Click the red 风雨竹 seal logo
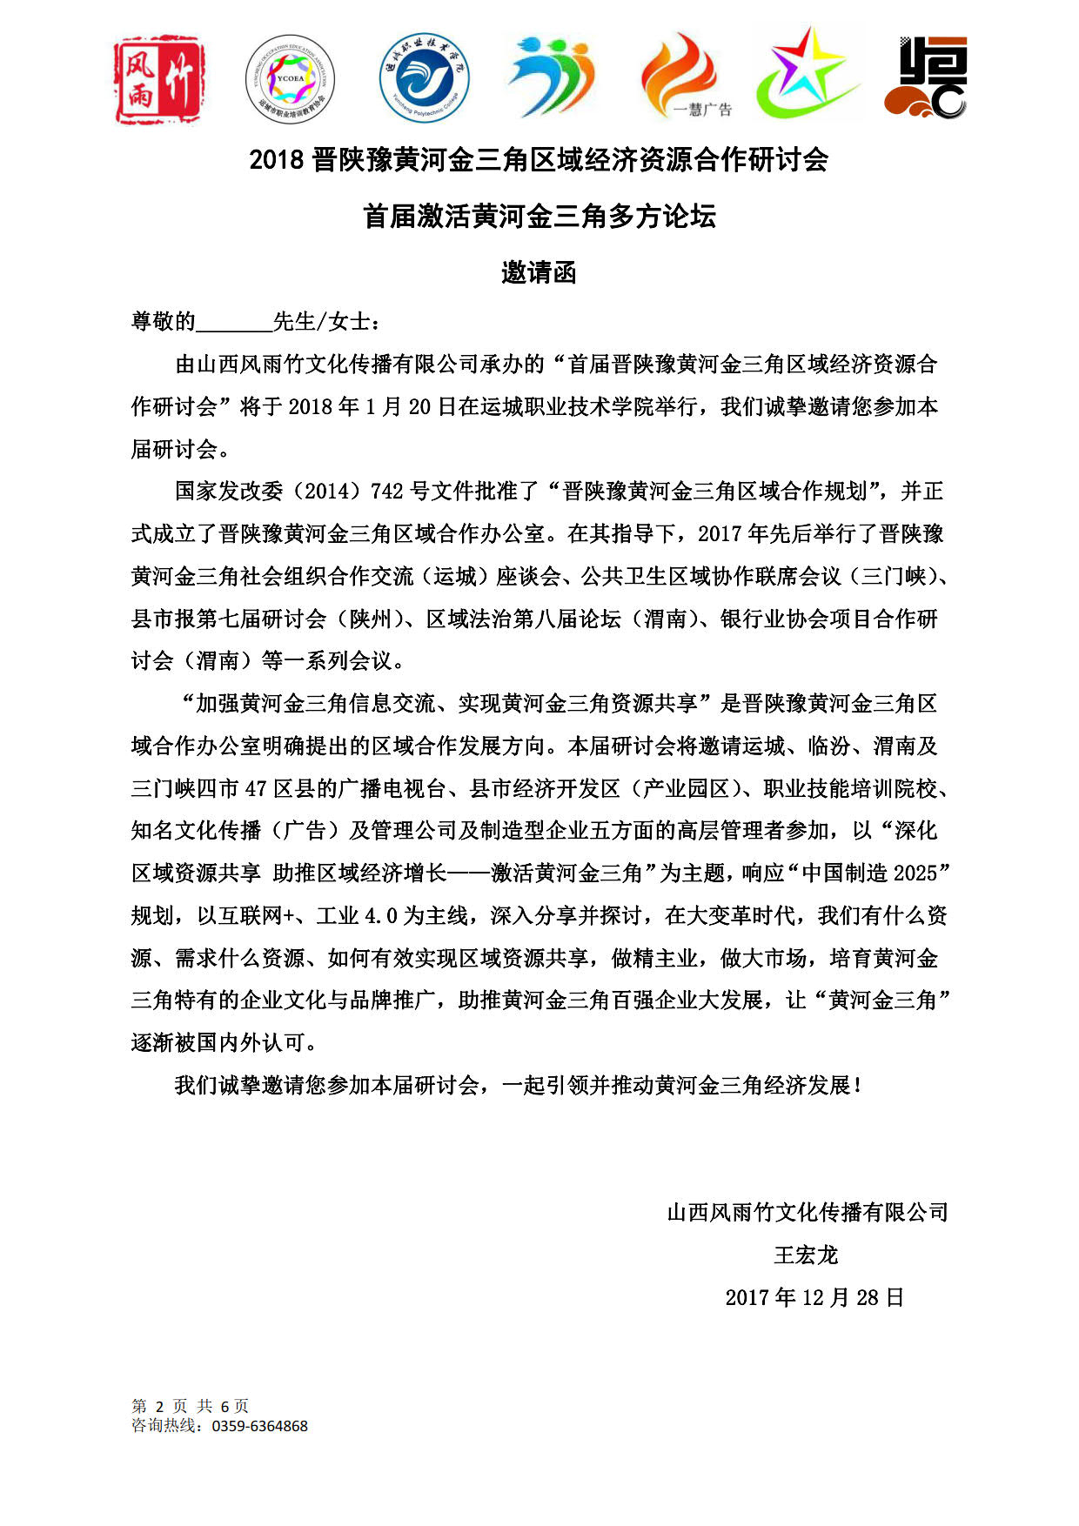(x=159, y=80)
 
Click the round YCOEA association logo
(x=290, y=79)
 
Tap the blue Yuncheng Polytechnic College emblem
(x=424, y=78)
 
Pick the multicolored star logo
(x=807, y=74)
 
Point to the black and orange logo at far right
(x=926, y=77)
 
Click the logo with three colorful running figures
(x=551, y=77)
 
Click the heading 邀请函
(x=539, y=273)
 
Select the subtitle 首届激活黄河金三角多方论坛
(x=539, y=217)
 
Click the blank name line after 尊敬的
(x=234, y=323)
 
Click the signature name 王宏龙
(x=806, y=1255)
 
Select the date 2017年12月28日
(x=814, y=1298)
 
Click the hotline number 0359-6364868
(x=259, y=1427)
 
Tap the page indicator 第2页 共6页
(x=190, y=1406)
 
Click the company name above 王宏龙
(x=807, y=1213)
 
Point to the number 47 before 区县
(x=256, y=789)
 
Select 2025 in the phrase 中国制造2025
(x=914, y=873)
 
